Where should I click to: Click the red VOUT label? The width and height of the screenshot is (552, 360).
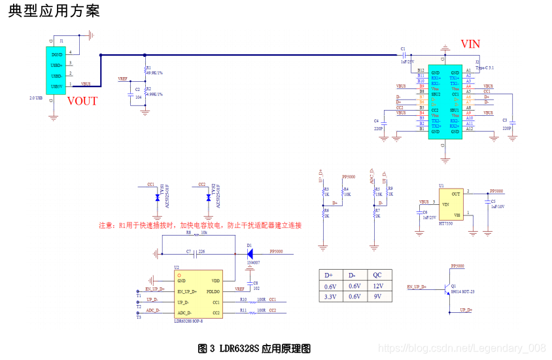point(82,101)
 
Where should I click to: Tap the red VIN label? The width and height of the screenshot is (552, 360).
point(470,45)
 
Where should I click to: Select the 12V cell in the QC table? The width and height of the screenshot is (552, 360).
point(377,286)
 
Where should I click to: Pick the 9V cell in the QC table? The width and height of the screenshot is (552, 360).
point(377,297)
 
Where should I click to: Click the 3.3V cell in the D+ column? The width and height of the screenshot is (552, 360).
point(330,297)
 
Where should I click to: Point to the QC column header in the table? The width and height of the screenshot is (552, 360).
point(377,275)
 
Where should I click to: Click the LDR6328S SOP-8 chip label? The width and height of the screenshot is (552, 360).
point(188,321)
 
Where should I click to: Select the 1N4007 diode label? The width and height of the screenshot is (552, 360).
point(254,262)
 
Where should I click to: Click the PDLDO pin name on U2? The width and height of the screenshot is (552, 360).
point(213,291)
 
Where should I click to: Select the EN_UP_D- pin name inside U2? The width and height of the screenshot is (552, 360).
point(190,291)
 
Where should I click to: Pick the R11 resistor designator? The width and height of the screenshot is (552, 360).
point(243,310)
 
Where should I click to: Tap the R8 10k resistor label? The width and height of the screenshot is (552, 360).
point(196,232)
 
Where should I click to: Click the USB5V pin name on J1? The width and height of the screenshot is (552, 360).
point(57,86)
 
